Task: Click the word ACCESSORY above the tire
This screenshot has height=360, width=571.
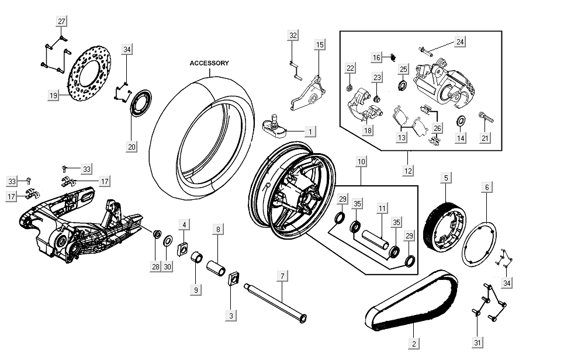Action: pyautogui.click(x=209, y=63)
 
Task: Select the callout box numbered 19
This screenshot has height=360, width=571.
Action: pyautogui.click(x=53, y=95)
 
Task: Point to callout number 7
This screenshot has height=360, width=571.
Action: pyautogui.click(x=282, y=275)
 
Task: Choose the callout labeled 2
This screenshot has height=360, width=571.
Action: pyautogui.click(x=414, y=344)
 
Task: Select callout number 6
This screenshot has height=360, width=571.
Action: pyautogui.click(x=486, y=188)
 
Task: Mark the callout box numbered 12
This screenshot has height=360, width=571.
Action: pyautogui.click(x=408, y=171)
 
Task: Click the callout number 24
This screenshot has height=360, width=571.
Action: pyautogui.click(x=461, y=42)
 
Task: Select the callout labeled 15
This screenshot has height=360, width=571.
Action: pyautogui.click(x=320, y=44)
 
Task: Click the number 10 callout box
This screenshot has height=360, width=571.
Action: pyautogui.click(x=361, y=160)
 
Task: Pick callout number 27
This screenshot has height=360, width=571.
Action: pyautogui.click(x=61, y=21)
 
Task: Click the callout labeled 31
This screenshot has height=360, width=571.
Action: pyautogui.click(x=478, y=342)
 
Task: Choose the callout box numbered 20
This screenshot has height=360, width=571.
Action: pyautogui.click(x=132, y=147)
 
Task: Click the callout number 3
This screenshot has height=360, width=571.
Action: pyautogui.click(x=231, y=316)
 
